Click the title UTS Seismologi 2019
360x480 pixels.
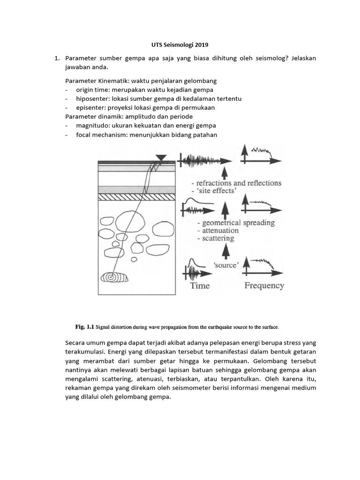180,45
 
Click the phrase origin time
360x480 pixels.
91,90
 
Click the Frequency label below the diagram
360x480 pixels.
264,285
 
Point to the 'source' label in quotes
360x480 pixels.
226,265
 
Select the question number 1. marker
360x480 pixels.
57,58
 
